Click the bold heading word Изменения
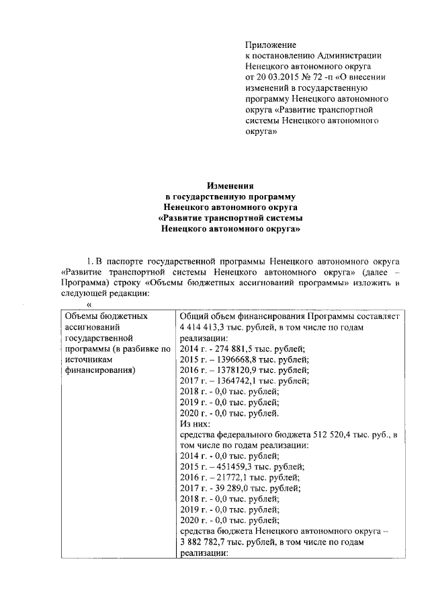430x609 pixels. click(228, 186)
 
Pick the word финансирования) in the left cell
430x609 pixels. click(98, 371)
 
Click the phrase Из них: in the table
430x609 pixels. click(195, 425)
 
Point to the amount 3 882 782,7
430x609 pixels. click(206, 542)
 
